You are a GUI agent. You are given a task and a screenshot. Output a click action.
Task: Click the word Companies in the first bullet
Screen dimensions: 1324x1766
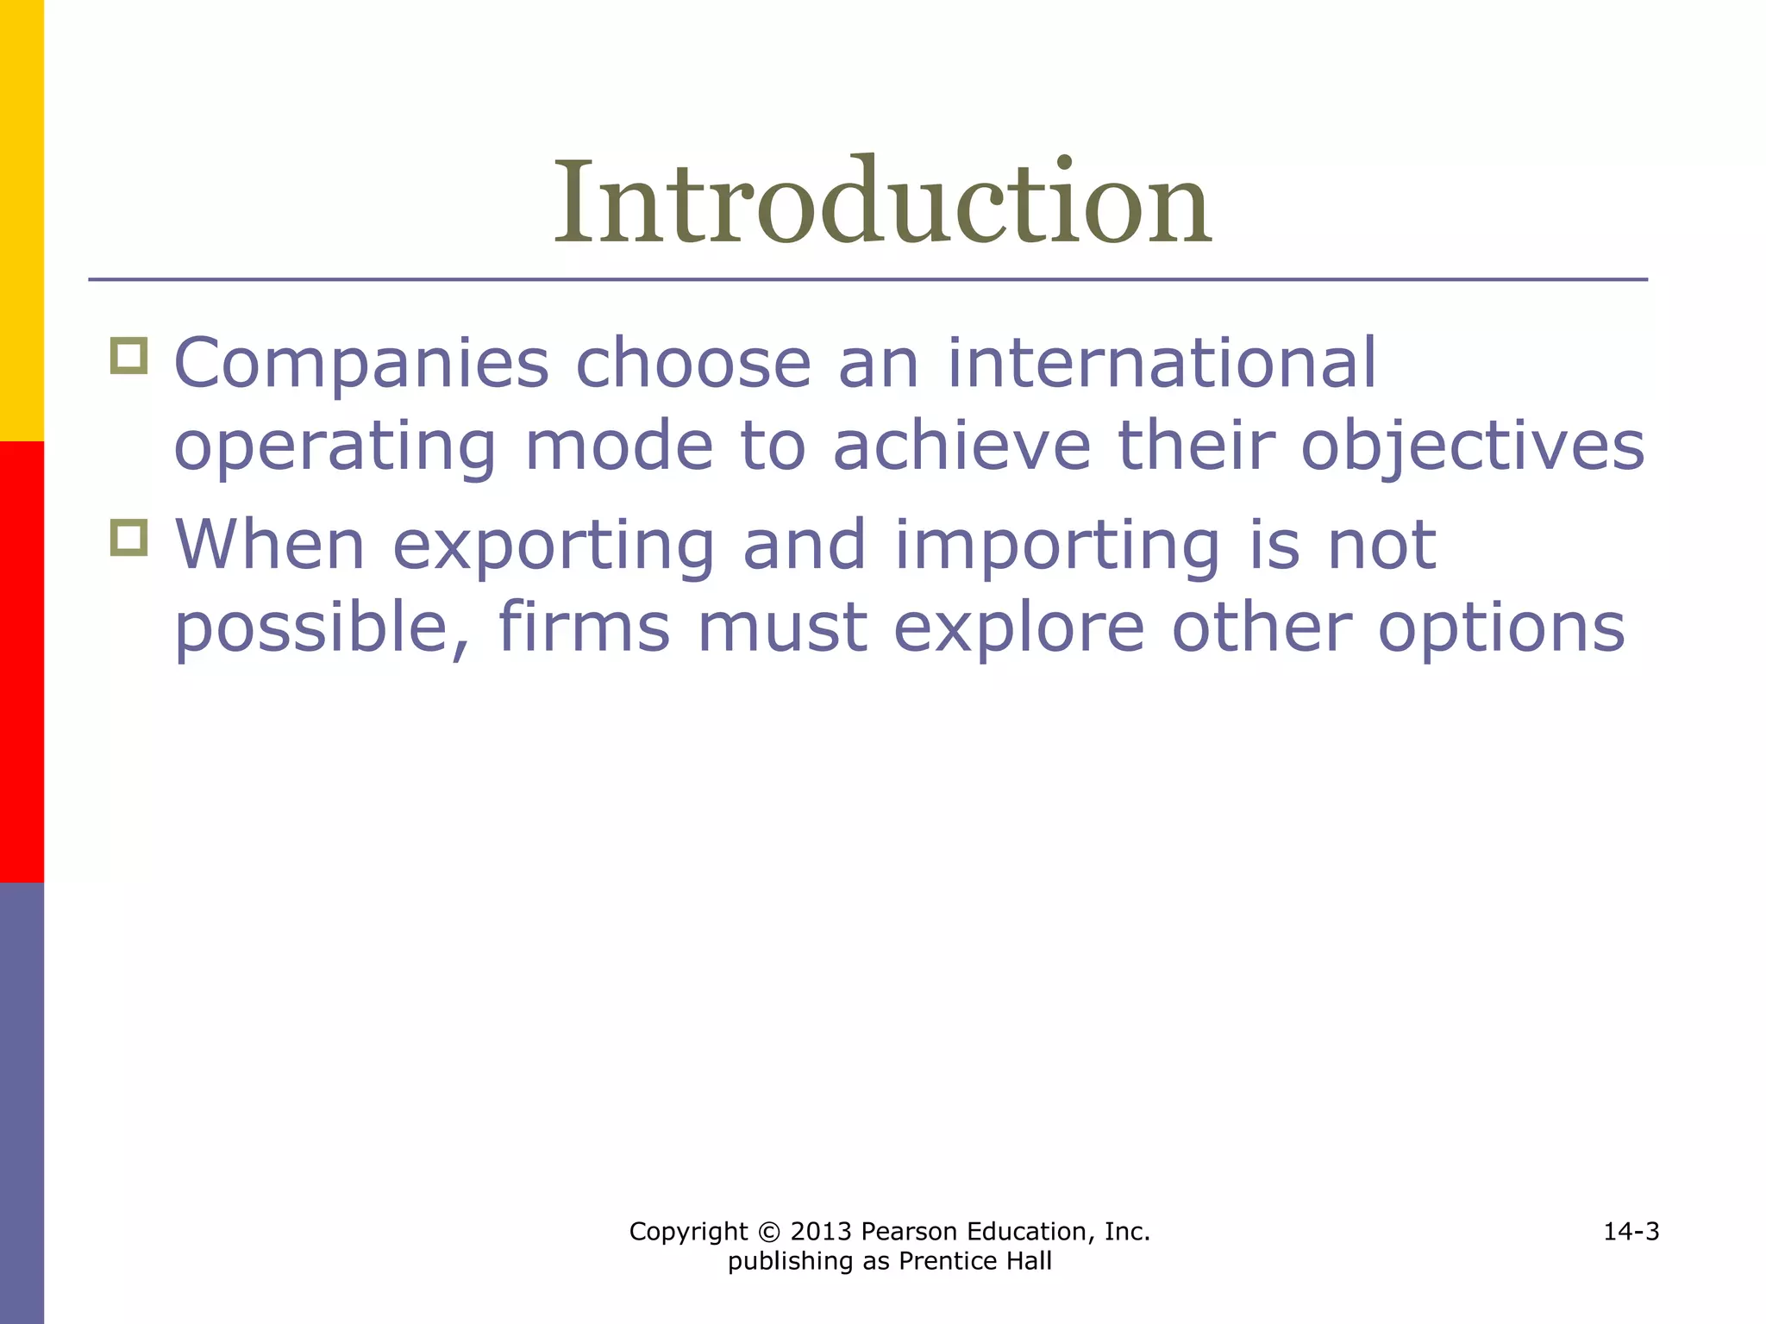pos(361,363)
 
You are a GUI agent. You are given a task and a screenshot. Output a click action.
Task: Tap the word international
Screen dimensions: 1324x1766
pos(1162,363)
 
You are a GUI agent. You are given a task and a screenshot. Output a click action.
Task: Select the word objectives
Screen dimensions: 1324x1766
pos(1472,447)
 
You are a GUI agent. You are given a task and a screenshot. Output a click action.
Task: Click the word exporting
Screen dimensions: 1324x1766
pos(554,545)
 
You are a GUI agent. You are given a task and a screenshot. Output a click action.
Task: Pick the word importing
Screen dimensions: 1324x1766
pos(1057,546)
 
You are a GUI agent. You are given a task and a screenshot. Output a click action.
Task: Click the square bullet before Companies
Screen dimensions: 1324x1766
pos(129,355)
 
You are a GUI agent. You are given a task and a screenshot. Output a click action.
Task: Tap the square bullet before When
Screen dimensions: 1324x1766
pos(129,538)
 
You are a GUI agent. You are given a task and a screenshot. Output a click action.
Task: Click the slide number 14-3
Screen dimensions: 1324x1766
pos(1631,1232)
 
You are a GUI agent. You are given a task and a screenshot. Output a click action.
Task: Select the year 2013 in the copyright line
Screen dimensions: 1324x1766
pos(821,1232)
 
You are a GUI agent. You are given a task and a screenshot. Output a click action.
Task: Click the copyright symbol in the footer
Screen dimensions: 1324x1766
pos(768,1232)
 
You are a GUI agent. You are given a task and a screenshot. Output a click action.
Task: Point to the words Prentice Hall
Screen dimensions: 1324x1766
pos(975,1261)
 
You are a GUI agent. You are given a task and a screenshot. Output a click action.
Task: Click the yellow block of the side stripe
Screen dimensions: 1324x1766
pos(22,220)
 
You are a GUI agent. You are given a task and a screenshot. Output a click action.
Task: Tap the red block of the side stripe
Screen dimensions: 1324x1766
pos(22,661)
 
